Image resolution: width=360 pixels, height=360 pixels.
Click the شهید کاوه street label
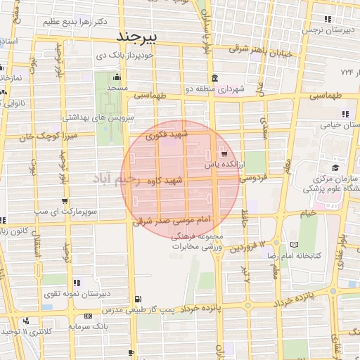164,181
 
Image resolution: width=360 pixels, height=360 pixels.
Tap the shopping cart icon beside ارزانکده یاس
224,154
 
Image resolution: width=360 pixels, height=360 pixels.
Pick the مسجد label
117,88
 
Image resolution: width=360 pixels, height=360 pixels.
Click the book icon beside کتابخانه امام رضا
294,245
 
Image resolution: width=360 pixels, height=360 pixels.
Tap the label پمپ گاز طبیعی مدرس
134,309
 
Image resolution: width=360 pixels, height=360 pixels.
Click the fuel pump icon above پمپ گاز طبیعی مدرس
136,298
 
